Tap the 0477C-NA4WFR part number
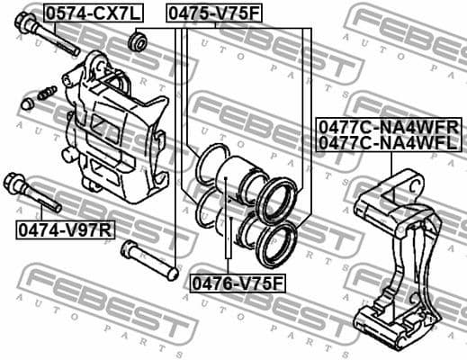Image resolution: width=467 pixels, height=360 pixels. tap(388, 126)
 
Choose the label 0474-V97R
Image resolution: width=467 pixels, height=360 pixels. tap(65, 229)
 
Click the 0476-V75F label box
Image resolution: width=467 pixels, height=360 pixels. tap(236, 283)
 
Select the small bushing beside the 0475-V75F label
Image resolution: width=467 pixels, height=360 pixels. tap(139, 40)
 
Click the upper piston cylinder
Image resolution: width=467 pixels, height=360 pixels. tap(242, 172)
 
